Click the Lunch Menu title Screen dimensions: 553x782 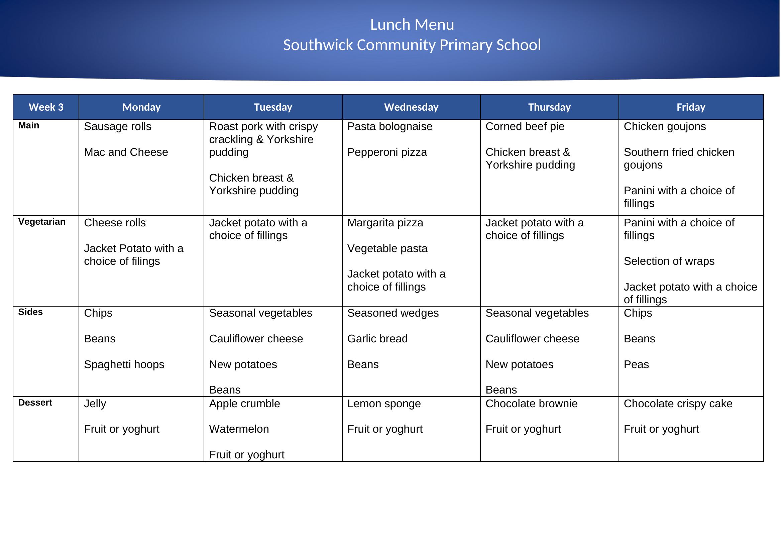click(412, 25)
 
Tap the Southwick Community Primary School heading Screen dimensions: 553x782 click(412, 45)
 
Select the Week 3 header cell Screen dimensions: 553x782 click(46, 107)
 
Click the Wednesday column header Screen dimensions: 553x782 click(411, 107)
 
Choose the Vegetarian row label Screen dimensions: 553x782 click(42, 222)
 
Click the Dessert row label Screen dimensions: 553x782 click(35, 403)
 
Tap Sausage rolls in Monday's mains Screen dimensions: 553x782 click(117, 127)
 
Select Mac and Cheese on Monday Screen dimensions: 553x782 click(126, 152)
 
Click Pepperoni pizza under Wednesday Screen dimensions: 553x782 click(387, 152)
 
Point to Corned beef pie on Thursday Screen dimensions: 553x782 click(525, 127)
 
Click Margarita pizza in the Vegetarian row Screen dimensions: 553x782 click(385, 223)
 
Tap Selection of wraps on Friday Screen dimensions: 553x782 click(669, 261)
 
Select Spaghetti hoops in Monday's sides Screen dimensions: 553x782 click(124, 365)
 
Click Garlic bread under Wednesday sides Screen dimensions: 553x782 click(377, 339)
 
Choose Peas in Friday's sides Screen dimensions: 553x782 click(636, 365)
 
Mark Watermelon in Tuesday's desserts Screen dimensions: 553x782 click(239, 429)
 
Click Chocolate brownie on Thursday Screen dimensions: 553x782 click(531, 404)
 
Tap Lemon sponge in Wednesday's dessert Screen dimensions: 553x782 click(384, 404)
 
